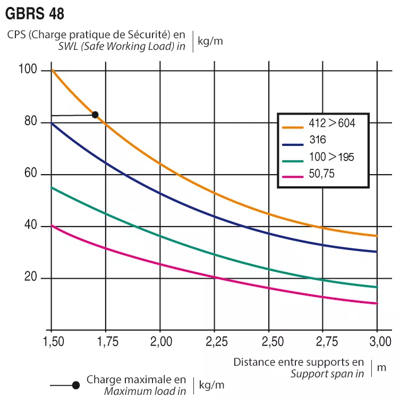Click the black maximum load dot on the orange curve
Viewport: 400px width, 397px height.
[95, 115]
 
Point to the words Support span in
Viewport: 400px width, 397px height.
[327, 373]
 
